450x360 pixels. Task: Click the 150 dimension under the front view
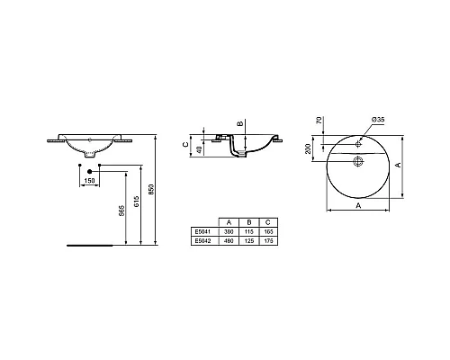point(89,180)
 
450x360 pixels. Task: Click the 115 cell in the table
point(247,231)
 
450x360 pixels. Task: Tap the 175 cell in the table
point(268,240)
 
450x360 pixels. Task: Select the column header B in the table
point(247,221)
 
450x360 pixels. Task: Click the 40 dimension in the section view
point(201,148)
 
